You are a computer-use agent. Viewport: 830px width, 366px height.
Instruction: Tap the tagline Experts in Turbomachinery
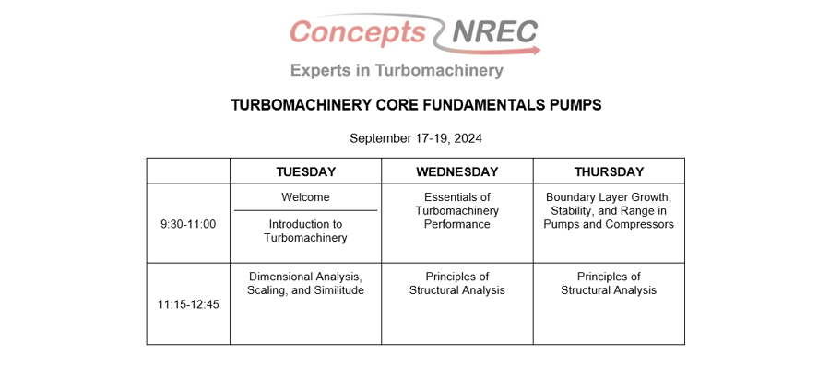(397, 70)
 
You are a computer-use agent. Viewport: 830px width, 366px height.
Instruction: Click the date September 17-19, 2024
(416, 138)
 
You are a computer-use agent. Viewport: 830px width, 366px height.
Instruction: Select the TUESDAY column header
(305, 171)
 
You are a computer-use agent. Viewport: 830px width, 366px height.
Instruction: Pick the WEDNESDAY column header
(456, 171)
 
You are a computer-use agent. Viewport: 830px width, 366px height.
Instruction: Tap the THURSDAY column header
(609, 171)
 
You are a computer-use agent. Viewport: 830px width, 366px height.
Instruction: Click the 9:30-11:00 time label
(188, 223)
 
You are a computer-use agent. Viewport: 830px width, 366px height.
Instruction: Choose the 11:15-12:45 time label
(188, 303)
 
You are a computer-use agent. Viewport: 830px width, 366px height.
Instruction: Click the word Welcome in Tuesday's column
(305, 197)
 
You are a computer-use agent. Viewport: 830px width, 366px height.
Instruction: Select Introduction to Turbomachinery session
(305, 230)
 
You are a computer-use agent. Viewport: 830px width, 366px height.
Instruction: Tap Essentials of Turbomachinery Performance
(456, 210)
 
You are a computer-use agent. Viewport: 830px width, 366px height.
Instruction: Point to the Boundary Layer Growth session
(609, 210)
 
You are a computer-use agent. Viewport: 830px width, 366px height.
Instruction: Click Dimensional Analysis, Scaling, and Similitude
(305, 283)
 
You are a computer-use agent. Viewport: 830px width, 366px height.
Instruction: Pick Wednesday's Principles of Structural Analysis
(456, 283)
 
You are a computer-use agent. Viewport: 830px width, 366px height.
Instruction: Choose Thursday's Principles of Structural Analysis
(609, 283)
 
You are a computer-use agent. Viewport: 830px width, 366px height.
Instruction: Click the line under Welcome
(305, 211)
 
